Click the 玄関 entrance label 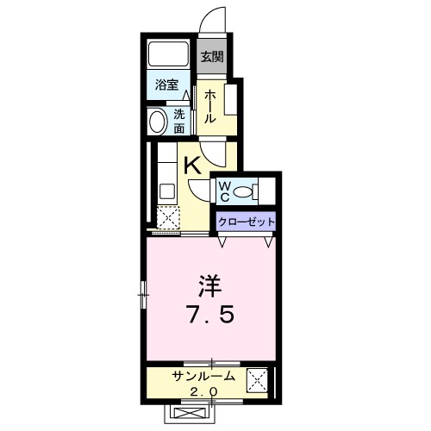click(212, 58)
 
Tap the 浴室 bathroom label click(166, 84)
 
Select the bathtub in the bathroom click(169, 55)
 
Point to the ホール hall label click(209, 106)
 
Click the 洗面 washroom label click(178, 121)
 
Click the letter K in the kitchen click(193, 166)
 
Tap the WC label click(222, 191)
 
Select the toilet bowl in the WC click(245, 191)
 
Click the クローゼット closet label click(246, 222)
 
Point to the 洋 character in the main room click(209, 285)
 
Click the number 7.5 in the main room click(209, 315)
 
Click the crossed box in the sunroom click(257, 380)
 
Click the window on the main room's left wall click(143, 295)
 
